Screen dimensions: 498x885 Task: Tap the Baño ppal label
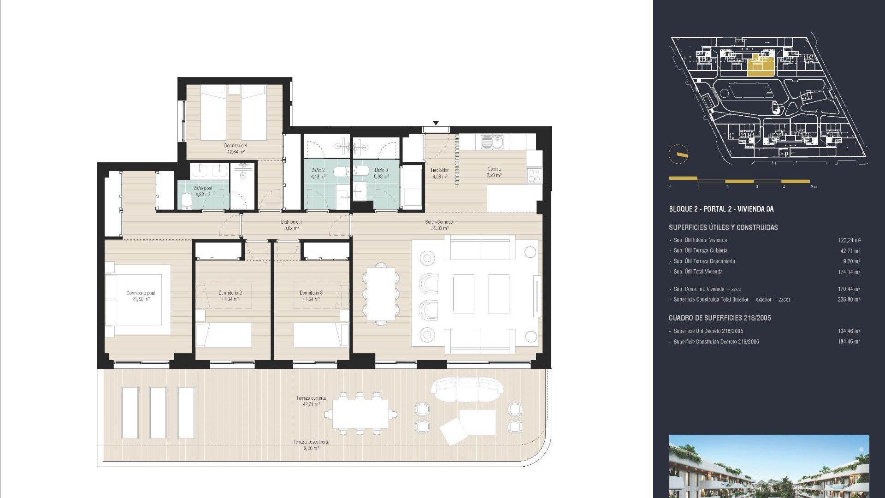203,191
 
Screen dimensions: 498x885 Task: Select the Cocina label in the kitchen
494,172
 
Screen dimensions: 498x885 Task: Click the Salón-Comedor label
439,225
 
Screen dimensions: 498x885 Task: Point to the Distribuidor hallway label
291,225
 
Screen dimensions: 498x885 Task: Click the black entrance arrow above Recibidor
436,123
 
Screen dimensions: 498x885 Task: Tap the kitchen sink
491,142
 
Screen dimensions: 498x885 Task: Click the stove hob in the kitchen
534,175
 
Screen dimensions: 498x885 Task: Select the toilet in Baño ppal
187,202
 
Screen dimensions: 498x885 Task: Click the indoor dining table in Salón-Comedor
381,294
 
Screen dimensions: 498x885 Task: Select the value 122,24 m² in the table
849,240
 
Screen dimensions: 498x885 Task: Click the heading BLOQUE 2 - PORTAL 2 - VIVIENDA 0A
721,209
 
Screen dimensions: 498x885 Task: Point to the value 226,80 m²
849,300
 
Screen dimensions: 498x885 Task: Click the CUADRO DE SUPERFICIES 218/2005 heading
720,318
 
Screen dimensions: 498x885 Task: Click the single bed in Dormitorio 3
318,335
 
